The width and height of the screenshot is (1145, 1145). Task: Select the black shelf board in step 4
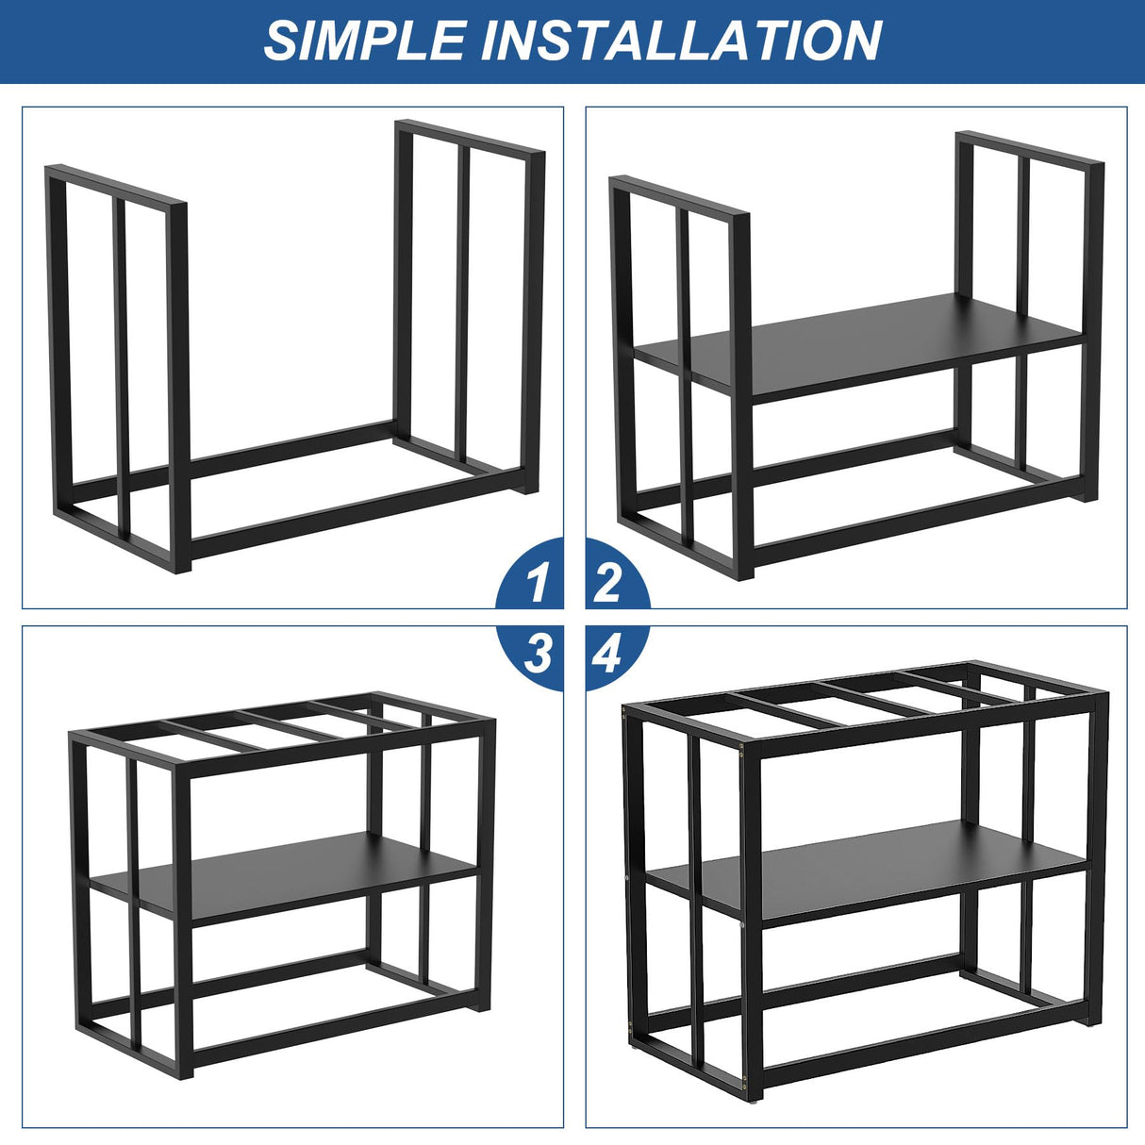pos(868,868)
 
